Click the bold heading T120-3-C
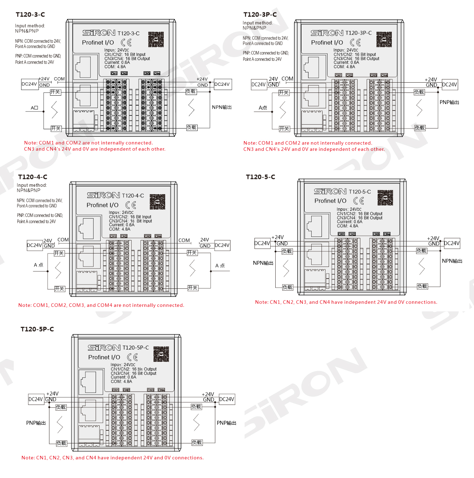coord(30,14)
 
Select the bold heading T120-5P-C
coord(37,329)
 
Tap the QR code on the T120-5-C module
coord(385,198)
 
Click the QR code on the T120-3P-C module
coord(384,39)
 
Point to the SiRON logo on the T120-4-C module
coord(103,195)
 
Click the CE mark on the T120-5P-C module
coord(132,357)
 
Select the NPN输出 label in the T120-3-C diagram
coord(222,107)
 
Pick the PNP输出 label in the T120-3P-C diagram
coord(449,102)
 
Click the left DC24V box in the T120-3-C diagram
coord(29,84)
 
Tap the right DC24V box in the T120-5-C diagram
coord(452,243)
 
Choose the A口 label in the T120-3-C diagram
coord(34,108)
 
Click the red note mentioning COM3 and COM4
coord(101,305)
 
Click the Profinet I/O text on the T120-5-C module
coord(330,201)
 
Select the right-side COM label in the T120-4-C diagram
coord(184,240)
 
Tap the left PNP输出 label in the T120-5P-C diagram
coord(36,423)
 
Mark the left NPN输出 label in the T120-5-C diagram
coord(263,263)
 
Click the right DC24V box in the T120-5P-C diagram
coord(227,399)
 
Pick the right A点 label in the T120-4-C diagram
coord(220,266)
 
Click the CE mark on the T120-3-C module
coord(126,43)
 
